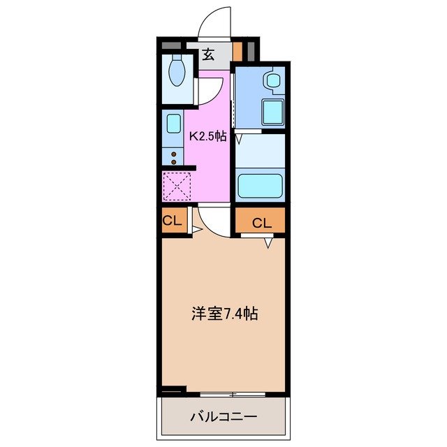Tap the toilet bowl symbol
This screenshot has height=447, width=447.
[177, 73]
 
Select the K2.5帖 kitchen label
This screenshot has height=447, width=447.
[209, 137]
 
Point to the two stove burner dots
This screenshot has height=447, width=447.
[174, 156]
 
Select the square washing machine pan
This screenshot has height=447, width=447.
[270, 111]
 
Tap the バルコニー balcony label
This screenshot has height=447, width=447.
[223, 417]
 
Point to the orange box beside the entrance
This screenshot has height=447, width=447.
[237, 52]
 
